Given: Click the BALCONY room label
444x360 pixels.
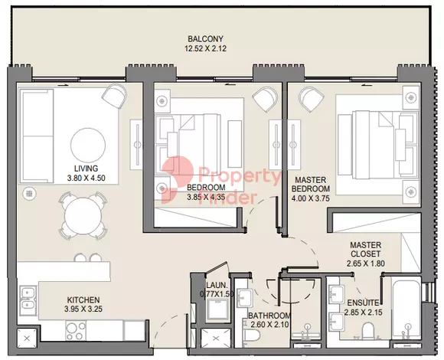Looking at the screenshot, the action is click(x=206, y=39).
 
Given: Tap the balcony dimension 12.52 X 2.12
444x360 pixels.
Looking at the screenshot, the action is click(x=206, y=49).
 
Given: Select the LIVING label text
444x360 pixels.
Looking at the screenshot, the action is click(x=86, y=169).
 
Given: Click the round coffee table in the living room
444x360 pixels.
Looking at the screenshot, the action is click(x=88, y=146).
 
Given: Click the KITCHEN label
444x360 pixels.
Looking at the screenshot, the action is click(x=83, y=299).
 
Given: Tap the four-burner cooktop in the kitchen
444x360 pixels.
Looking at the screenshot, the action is click(x=76, y=331).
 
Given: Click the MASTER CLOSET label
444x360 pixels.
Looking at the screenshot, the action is click(x=366, y=250).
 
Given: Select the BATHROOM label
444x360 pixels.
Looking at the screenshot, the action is click(x=269, y=316).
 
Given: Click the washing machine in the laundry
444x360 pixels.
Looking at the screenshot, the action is click(x=217, y=310).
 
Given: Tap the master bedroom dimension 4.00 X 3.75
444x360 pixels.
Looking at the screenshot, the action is click(x=311, y=198).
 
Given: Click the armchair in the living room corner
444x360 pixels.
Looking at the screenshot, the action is click(x=114, y=96).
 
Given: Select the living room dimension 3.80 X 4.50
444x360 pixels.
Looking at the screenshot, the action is click(x=86, y=178).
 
